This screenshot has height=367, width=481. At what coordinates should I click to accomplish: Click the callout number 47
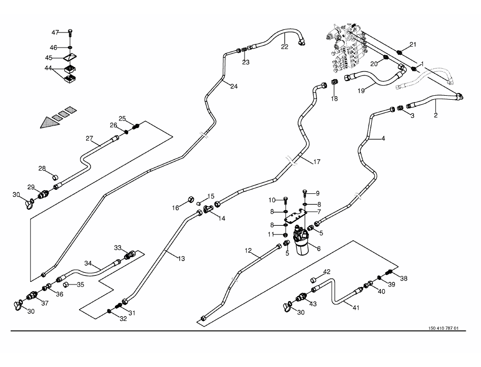(56, 32)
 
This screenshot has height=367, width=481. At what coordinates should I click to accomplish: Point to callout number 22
(285, 47)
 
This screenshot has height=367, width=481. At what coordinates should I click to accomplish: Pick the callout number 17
(316, 162)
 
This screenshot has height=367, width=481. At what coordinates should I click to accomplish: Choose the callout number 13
(181, 258)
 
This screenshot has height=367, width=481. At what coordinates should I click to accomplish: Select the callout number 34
(89, 263)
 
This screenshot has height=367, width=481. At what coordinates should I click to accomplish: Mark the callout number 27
(90, 138)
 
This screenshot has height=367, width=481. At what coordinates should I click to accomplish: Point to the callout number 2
(435, 115)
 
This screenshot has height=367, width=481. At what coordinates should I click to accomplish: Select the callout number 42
(327, 272)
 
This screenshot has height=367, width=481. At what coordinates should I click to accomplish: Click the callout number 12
(248, 251)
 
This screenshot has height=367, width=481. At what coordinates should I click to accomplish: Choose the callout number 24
(233, 86)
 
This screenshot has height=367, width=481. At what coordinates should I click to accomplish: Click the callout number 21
(413, 45)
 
